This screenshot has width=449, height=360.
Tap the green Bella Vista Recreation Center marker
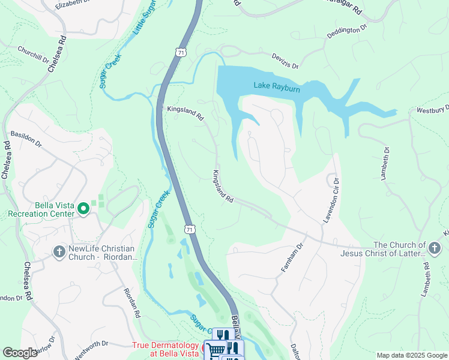pos(83,209)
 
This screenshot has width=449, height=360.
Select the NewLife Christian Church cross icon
pos(59,251)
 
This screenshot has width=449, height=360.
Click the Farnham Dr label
pos(294,257)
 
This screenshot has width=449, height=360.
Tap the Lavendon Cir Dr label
pos(331,200)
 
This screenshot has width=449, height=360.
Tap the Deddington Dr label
pos(346,32)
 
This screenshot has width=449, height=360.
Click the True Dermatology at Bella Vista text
pos(166,349)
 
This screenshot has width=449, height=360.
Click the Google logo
pos(20,353)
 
